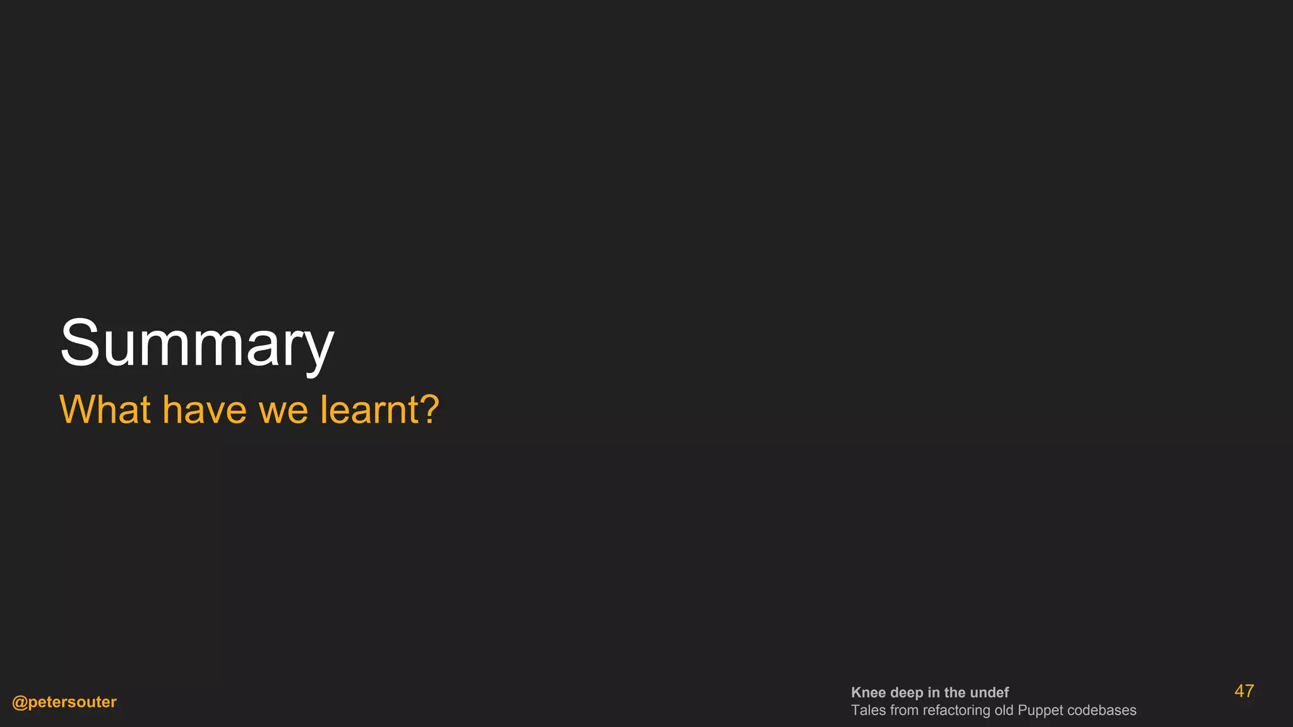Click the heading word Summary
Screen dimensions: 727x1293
pyautogui.click(x=197, y=344)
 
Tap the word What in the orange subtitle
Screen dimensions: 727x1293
pyautogui.click(x=105, y=410)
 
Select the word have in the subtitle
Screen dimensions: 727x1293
pyautogui.click(x=204, y=410)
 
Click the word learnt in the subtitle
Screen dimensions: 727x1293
pyautogui.click(x=369, y=410)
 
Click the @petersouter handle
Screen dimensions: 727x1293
pyautogui.click(x=64, y=702)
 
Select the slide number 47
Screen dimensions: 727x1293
pyautogui.click(x=1244, y=691)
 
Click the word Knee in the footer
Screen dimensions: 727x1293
pyautogui.click(x=868, y=692)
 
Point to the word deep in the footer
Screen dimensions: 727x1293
pyautogui.click(x=907, y=693)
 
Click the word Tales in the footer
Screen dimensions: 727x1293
pyautogui.click(x=868, y=710)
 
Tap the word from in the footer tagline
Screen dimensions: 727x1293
pyautogui.click(x=904, y=710)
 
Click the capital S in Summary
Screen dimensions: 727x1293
pyautogui.click(x=80, y=343)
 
